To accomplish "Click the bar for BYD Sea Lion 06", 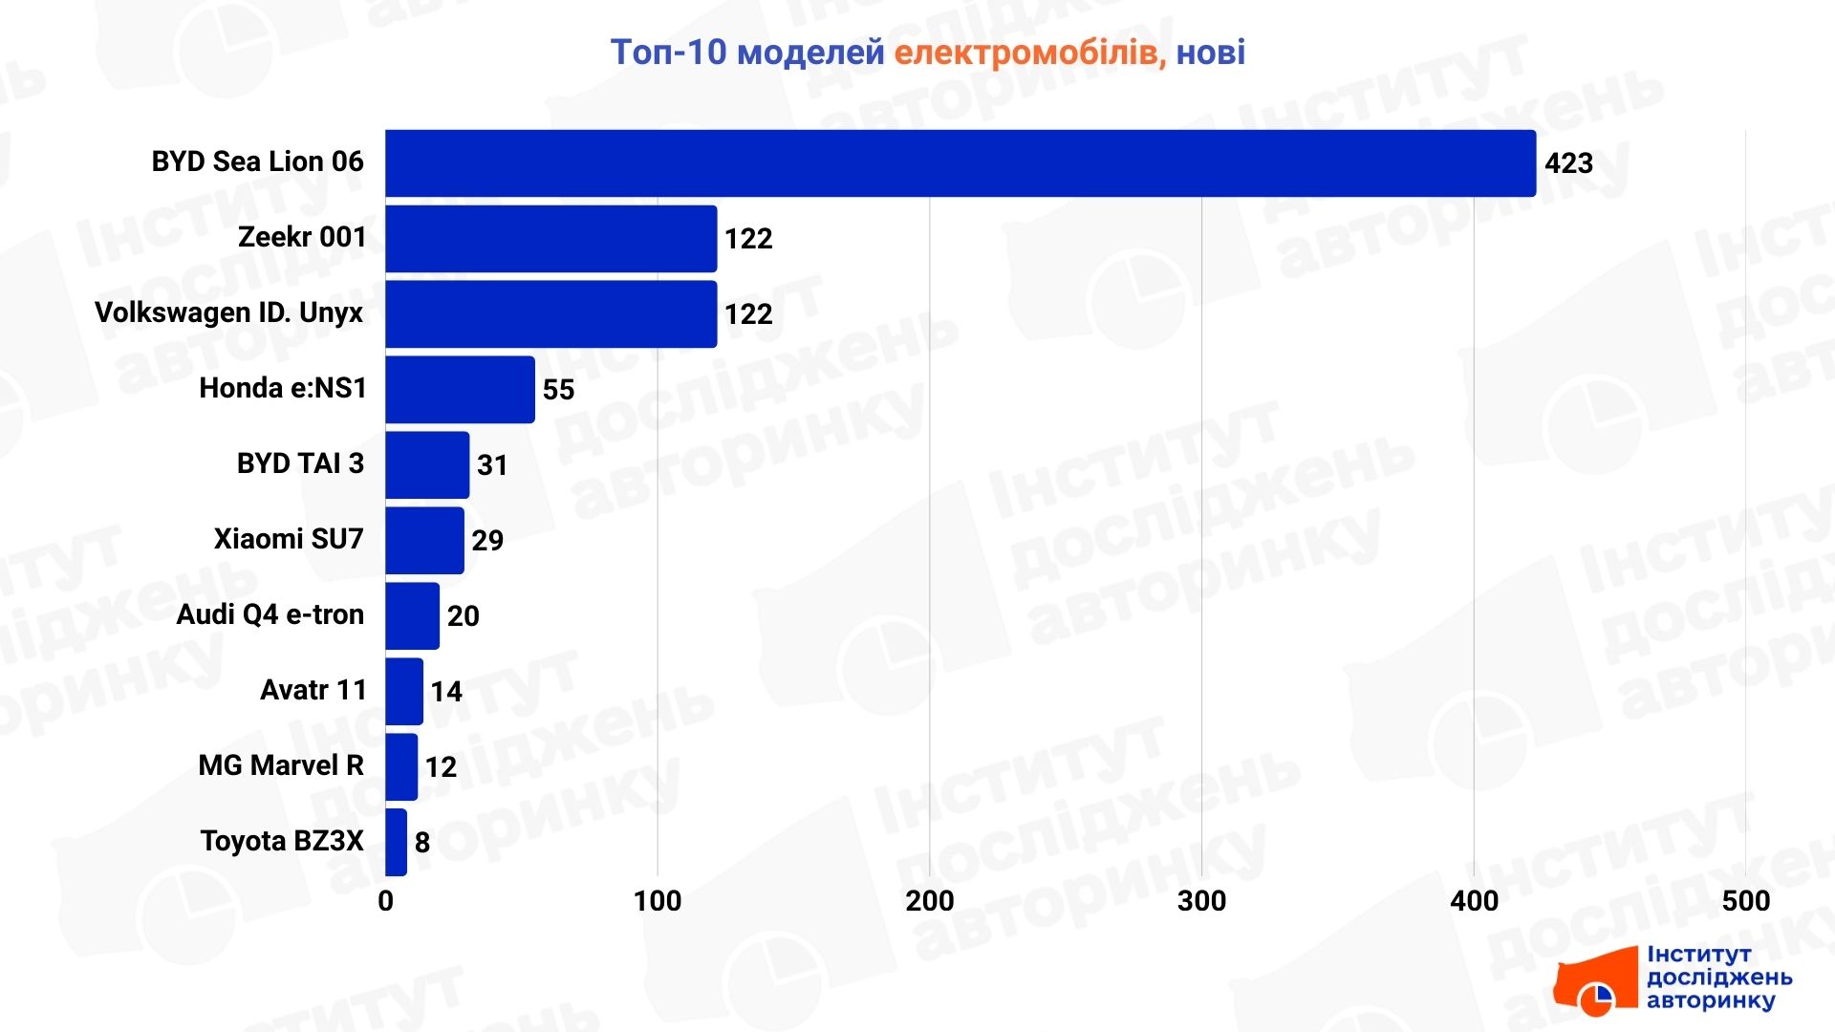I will (x=960, y=163).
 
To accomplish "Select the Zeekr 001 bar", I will (x=550, y=239).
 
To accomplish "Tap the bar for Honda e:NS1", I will (x=460, y=390).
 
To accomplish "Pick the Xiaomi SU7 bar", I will (x=424, y=541).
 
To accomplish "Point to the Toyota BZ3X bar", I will (x=396, y=843).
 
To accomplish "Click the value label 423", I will (x=1568, y=163).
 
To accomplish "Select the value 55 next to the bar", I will (x=558, y=390).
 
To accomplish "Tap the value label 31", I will (x=492, y=465).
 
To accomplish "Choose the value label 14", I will (x=445, y=692).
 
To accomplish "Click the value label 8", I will (x=421, y=843).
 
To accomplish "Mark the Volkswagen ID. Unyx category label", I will (x=229, y=313).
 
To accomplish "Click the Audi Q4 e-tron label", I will (x=270, y=614).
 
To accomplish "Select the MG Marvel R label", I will (x=281, y=765).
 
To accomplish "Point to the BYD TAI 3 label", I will (x=300, y=463).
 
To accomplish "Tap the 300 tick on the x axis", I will (x=1201, y=901).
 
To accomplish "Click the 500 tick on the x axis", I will (x=1745, y=901).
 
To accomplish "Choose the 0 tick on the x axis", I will (x=385, y=901).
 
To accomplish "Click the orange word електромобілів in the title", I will (x=1029, y=53).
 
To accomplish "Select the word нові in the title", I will (x=1210, y=53).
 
